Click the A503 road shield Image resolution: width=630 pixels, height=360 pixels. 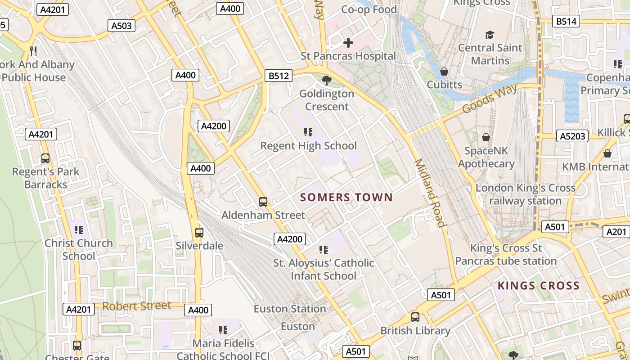point(121,26)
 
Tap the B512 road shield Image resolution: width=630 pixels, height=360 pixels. point(279,76)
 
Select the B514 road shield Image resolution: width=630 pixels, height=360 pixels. point(566,21)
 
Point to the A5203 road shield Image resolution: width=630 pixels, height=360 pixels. point(572,135)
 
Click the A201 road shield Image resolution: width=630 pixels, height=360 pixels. point(616,231)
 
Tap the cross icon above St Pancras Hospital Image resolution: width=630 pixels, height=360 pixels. point(348,43)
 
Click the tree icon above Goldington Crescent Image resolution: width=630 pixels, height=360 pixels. point(327,81)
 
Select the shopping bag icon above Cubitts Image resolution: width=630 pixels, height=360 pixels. point(444,72)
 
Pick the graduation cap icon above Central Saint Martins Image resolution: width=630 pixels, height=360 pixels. point(490,35)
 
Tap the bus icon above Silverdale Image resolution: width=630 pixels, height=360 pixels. point(199,233)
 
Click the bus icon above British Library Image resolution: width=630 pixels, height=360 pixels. point(415,317)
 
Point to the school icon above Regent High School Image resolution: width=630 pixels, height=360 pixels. point(308,132)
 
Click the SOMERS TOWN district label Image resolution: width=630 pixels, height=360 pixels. point(346,197)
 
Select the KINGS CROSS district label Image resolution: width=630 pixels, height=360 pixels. point(538,286)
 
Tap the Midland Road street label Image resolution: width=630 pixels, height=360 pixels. point(430,193)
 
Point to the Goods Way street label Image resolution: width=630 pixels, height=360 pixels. point(490,100)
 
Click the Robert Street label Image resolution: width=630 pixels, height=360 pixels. point(137,306)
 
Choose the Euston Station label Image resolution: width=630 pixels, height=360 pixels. point(290,309)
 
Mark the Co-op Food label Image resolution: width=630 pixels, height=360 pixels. point(369,9)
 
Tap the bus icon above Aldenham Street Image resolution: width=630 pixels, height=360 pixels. point(263,202)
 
